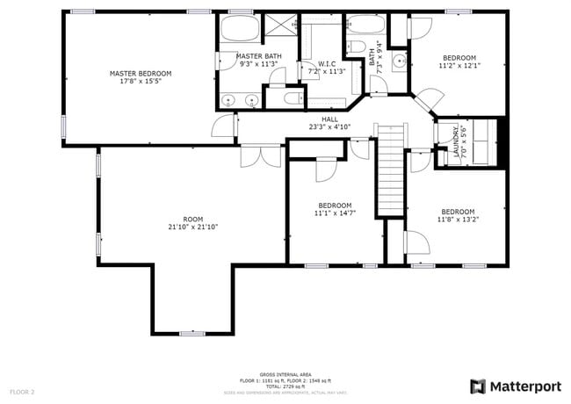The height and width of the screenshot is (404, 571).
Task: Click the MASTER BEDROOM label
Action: [140, 73]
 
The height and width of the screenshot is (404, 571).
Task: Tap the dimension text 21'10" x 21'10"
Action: [192, 227]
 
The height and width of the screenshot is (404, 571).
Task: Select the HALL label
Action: [329, 119]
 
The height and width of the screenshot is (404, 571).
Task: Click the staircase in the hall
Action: [391, 171]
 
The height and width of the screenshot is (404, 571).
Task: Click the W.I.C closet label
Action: [327, 63]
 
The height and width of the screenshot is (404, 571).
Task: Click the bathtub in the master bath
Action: [237, 28]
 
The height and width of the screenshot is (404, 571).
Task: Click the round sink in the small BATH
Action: [398, 61]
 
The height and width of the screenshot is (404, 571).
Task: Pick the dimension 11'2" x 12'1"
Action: [458, 65]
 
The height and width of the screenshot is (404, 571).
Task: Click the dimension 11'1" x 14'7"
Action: [335, 213]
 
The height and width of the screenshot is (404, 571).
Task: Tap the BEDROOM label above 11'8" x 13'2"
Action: [458, 212]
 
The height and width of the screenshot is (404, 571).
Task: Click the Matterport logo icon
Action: [478, 386]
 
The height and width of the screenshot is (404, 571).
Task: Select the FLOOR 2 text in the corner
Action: [23, 390]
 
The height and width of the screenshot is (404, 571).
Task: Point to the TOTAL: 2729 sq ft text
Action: [285, 386]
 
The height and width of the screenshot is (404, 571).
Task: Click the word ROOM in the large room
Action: [192, 219]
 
